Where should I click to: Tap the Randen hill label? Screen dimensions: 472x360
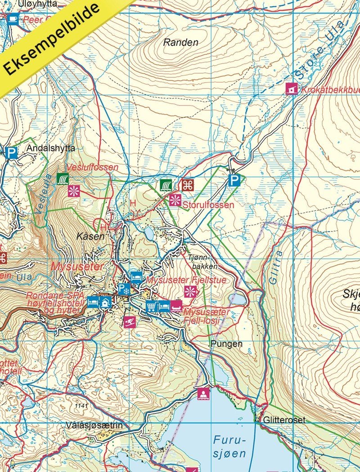180,43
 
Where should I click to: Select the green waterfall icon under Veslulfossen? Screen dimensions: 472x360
62,179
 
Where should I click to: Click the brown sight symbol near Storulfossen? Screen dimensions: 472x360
187,185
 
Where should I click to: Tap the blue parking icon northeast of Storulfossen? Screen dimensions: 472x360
234,181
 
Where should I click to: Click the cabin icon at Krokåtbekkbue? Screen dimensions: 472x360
292,89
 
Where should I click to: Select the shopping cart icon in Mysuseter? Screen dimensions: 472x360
151,307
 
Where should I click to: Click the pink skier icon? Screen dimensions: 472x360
130,322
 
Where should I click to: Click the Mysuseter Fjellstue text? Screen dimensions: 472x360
186,280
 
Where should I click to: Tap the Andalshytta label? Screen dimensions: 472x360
51,148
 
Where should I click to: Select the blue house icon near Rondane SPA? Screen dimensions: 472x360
106,302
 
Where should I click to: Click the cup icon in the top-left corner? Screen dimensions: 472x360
12,18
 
